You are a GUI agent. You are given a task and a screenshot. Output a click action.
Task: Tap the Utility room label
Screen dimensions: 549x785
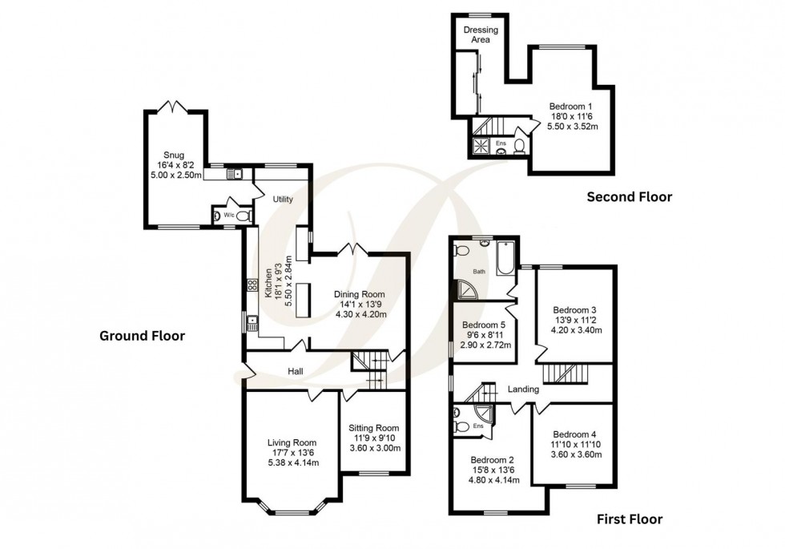click(283, 199)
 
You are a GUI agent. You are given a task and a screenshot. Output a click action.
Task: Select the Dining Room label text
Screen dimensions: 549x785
click(360, 294)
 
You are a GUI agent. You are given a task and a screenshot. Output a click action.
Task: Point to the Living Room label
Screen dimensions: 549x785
click(292, 442)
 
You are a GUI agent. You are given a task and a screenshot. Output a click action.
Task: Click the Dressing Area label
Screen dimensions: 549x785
click(481, 34)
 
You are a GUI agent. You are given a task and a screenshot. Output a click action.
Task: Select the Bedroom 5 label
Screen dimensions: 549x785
click(482, 325)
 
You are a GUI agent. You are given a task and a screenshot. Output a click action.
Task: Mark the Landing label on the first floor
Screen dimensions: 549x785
click(523, 389)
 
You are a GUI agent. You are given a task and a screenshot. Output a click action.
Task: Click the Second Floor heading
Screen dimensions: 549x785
click(629, 196)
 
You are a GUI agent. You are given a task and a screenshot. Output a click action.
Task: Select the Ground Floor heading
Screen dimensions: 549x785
click(142, 336)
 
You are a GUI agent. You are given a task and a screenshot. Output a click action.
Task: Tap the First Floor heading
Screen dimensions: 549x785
click(630, 519)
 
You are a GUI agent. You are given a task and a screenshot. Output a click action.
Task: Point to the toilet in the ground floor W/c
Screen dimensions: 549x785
click(242, 216)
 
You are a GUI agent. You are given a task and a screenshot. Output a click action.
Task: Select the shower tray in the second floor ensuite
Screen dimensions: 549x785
click(482, 146)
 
